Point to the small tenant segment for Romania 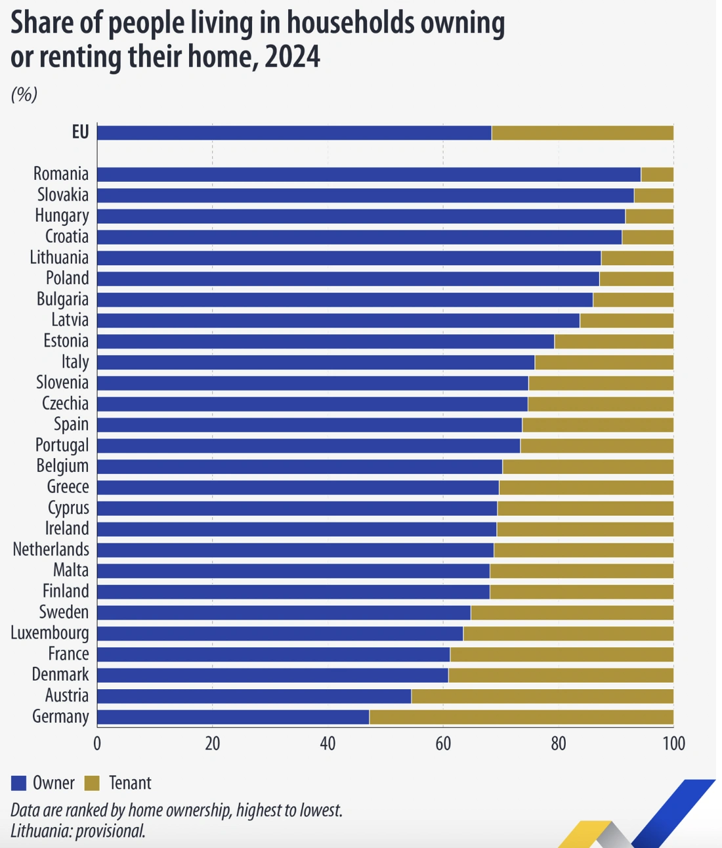pyautogui.click(x=657, y=174)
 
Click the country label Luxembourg pyautogui.click(x=50, y=633)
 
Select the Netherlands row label pyautogui.click(x=51, y=549)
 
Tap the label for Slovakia pyautogui.click(x=62, y=195)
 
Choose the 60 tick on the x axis pyautogui.click(x=443, y=744)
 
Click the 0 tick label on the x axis pyautogui.click(x=97, y=744)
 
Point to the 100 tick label pyautogui.click(x=673, y=744)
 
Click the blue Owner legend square pyautogui.click(x=18, y=783)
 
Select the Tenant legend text pyautogui.click(x=130, y=783)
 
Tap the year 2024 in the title pyautogui.click(x=292, y=56)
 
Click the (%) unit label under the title pyautogui.click(x=24, y=95)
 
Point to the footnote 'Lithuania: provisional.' pyautogui.click(x=77, y=831)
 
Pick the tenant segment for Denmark pyautogui.click(x=561, y=675)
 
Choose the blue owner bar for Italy pyautogui.click(x=316, y=362)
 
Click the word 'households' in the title pyautogui.click(x=351, y=23)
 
